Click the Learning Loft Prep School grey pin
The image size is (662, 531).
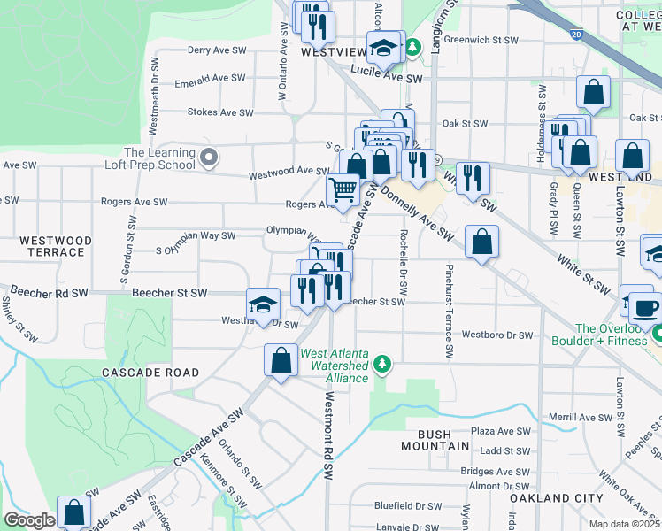click(x=209, y=158)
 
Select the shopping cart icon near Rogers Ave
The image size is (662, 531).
click(x=343, y=189)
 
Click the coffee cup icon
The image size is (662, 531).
click(x=643, y=309)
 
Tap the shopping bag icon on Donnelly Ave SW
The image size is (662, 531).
click(x=481, y=243)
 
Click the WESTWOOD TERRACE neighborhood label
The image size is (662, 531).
click(x=56, y=246)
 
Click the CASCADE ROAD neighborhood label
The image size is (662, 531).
click(x=150, y=373)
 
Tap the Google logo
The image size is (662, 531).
click(x=29, y=520)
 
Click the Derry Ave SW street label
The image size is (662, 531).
click(x=216, y=51)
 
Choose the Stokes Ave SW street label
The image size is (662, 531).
click(x=216, y=112)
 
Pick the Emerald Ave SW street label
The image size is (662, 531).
click(x=210, y=79)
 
